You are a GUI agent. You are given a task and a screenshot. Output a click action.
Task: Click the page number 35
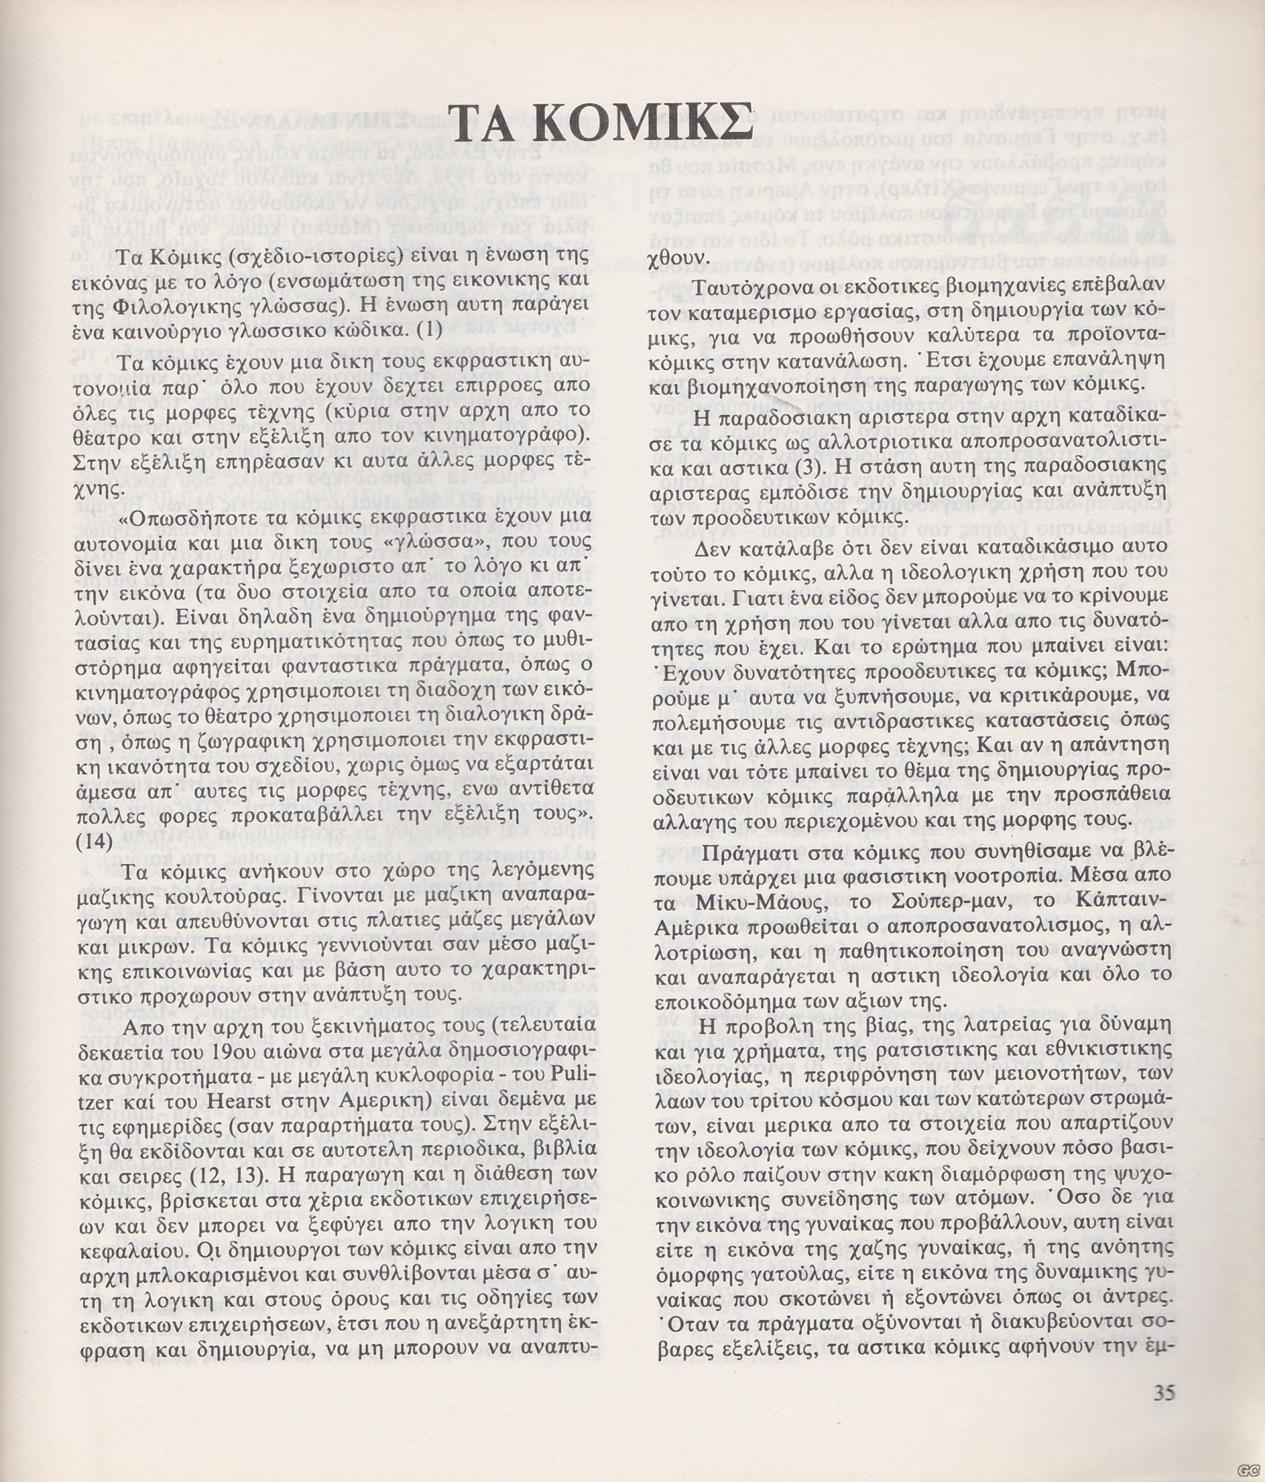[x=1164, y=1392]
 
